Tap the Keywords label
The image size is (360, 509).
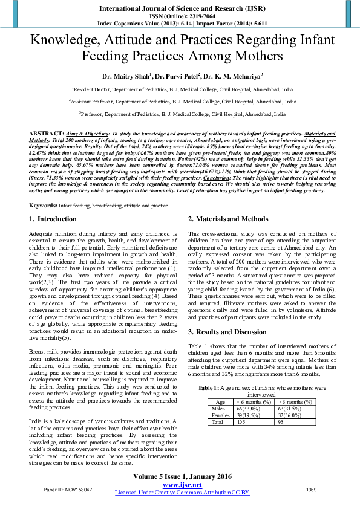tap(43, 206)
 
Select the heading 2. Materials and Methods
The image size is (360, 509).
tap(227, 219)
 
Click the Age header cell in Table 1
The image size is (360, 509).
tap(220, 401)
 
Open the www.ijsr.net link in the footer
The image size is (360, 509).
tap(182, 485)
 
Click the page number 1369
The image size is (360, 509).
tap(312, 489)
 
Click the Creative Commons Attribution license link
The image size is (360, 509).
tap(182, 493)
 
